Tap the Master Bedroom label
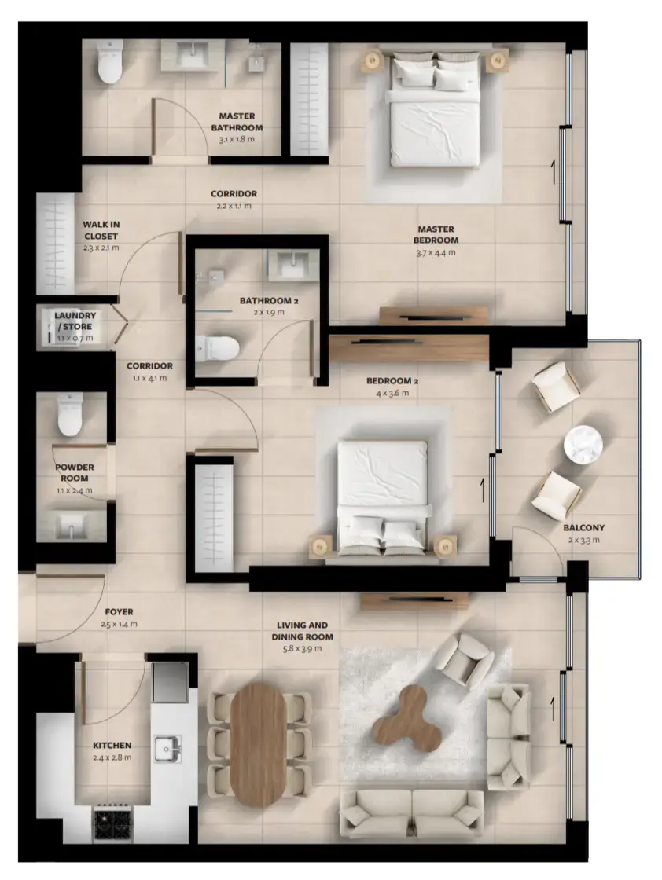(x=436, y=234)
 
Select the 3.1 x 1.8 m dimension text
(x=237, y=139)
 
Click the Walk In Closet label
(x=101, y=229)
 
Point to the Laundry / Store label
(x=75, y=321)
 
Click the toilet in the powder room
(x=70, y=416)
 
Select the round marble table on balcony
(x=583, y=445)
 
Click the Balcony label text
(x=583, y=528)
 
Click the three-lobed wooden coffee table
(x=406, y=717)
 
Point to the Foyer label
(x=119, y=611)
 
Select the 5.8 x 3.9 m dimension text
(x=303, y=649)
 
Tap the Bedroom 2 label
(x=392, y=382)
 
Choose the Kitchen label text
(x=112, y=745)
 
